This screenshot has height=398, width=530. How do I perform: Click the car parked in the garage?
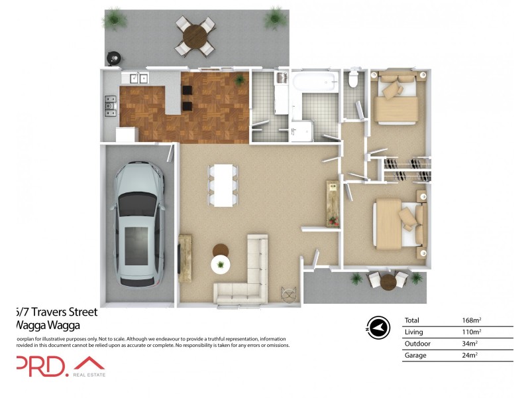[138, 225]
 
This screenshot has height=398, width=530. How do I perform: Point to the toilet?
[354, 80]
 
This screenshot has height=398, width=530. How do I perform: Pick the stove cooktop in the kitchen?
[110, 103]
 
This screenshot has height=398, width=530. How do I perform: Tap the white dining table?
[223, 184]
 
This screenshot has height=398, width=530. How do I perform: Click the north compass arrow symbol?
[378, 327]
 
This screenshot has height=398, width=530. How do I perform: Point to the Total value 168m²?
[471, 320]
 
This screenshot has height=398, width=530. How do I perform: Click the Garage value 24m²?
[471, 356]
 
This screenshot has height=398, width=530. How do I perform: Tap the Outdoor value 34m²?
[471, 344]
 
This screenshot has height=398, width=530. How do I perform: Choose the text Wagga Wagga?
[47, 326]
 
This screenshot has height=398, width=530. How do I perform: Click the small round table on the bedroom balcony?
[388, 282]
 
